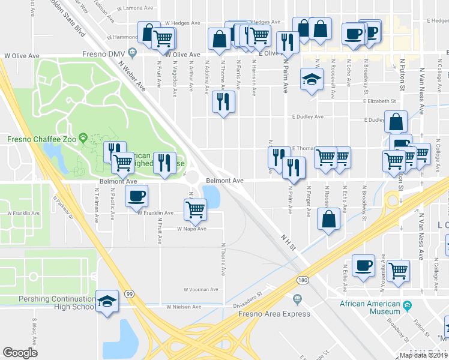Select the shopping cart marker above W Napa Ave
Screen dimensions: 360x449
pyautogui.click(x=195, y=209)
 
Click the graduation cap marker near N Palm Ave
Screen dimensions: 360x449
pyautogui.click(x=312, y=80)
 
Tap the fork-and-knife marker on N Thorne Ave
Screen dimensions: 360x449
pyautogui.click(x=224, y=102)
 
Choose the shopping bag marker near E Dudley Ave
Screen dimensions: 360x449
pyautogui.click(x=397, y=122)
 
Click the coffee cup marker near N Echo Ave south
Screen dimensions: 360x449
pyautogui.click(x=363, y=265)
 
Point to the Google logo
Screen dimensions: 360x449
pyautogui.click(x=20, y=353)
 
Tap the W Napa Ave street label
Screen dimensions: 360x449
pyautogui.click(x=191, y=229)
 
